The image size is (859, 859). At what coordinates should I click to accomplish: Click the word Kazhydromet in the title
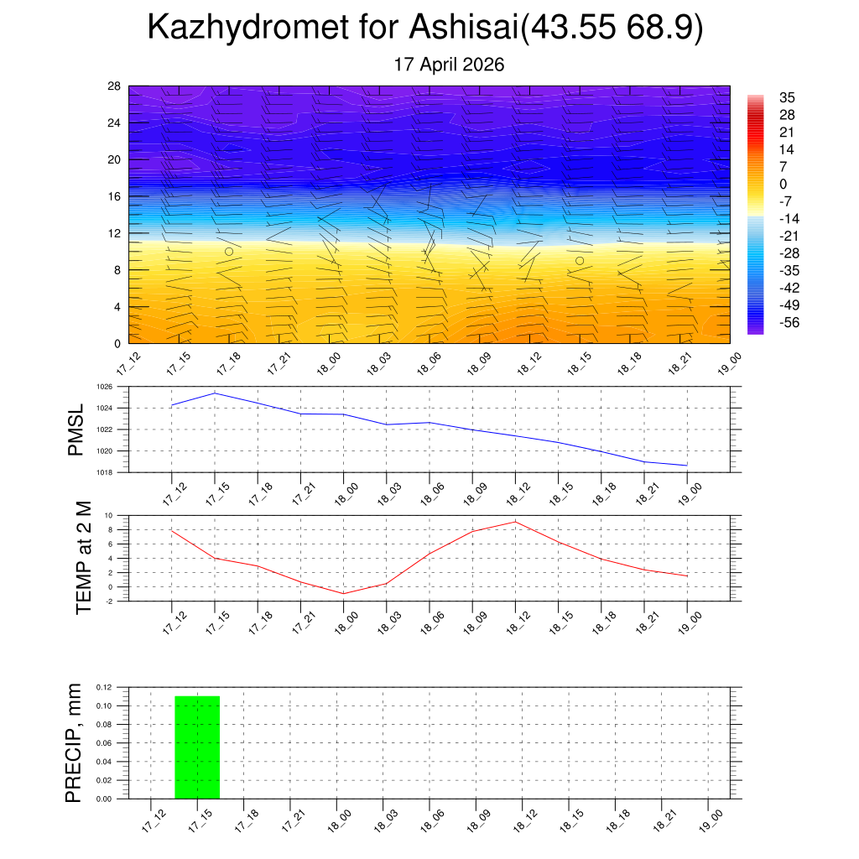pyautogui.click(x=248, y=27)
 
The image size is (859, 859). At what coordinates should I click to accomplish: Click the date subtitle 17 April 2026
pyautogui.click(x=449, y=65)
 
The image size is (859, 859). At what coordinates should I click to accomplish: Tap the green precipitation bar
pyautogui.click(x=197, y=747)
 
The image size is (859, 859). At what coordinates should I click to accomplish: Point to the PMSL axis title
pyautogui.click(x=75, y=429)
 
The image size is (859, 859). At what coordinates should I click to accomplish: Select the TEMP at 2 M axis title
pyautogui.click(x=83, y=558)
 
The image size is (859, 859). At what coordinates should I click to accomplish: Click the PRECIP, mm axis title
pyautogui.click(x=73, y=743)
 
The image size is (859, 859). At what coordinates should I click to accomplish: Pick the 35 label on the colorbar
pyautogui.click(x=787, y=97)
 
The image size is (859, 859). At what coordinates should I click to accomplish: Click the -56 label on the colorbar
pyautogui.click(x=789, y=323)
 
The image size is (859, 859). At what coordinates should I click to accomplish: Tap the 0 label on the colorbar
pyautogui.click(x=783, y=184)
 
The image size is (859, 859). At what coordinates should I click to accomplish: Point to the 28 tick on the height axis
pyautogui.click(x=114, y=86)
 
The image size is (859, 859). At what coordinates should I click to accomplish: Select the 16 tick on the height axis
pyautogui.click(x=114, y=196)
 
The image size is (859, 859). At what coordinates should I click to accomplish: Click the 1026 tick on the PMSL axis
pyautogui.click(x=105, y=387)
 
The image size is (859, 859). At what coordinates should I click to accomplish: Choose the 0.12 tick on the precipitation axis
pyautogui.click(x=103, y=687)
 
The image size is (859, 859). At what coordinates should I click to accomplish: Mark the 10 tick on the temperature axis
pyautogui.click(x=108, y=516)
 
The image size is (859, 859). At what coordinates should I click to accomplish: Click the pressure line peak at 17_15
pyautogui.click(x=215, y=393)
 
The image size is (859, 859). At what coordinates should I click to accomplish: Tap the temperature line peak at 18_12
pyautogui.click(x=516, y=522)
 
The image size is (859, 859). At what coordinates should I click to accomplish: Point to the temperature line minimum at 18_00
pyautogui.click(x=343, y=593)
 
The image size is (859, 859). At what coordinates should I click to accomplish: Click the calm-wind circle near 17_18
pyautogui.click(x=229, y=252)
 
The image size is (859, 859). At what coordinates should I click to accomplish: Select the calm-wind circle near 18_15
pyautogui.click(x=580, y=261)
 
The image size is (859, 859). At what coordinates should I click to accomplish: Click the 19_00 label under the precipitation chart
pyautogui.click(x=711, y=820)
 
